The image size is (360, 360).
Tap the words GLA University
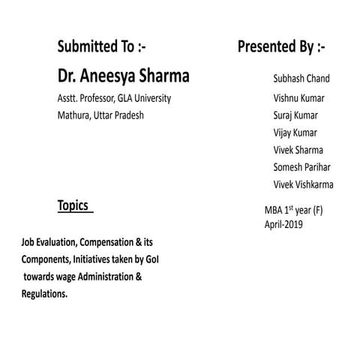coord(145,98)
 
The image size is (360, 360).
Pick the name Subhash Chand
coord(301,78)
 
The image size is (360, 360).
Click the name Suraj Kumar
coord(295,115)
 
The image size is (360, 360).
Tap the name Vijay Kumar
coord(295,133)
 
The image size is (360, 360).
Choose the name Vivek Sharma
coord(298,150)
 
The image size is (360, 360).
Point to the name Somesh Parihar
coord(301,167)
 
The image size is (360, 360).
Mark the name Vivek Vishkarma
coord(304,184)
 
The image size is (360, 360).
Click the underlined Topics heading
coord(73,205)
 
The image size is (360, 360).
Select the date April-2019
coord(283,223)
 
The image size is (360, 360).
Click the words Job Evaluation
coord(53,243)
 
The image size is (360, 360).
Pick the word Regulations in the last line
coord(44,294)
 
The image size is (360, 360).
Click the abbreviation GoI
coord(152,259)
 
